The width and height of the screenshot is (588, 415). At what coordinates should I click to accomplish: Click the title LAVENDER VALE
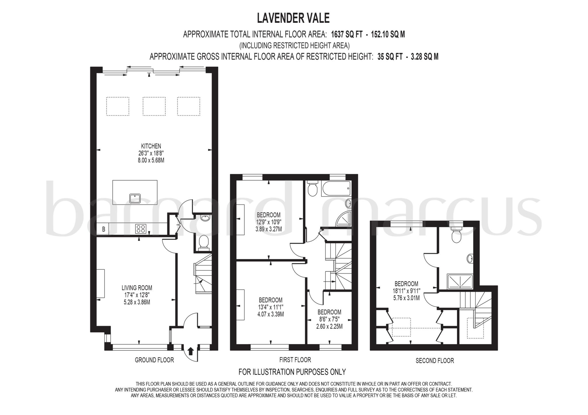pos(293,18)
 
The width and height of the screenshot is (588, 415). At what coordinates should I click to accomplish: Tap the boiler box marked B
pos(104,229)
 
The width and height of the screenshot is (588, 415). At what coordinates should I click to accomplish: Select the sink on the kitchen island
pos(135,198)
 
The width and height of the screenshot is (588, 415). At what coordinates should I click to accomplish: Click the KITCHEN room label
pos(151,146)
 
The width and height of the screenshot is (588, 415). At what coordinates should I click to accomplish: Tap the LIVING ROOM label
pos(137,288)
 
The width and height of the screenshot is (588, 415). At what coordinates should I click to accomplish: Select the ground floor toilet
pos(204,241)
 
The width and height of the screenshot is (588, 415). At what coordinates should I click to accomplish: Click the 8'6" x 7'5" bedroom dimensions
pos(329,319)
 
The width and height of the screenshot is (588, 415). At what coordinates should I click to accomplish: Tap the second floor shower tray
pos(460,281)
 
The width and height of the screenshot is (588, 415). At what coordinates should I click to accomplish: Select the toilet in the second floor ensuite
pos(456,235)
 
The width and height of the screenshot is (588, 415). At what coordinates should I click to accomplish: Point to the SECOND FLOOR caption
pos(435,360)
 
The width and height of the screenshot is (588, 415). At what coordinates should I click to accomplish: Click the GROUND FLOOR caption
pos(154,360)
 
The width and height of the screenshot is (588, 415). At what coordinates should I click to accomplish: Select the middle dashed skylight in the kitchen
pos(154,106)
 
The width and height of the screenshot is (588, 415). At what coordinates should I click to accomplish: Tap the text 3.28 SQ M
pos(424,57)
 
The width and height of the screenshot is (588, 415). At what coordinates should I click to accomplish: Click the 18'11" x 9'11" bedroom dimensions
pos(406,291)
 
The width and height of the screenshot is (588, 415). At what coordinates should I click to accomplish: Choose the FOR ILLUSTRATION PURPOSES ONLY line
pos(292,372)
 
